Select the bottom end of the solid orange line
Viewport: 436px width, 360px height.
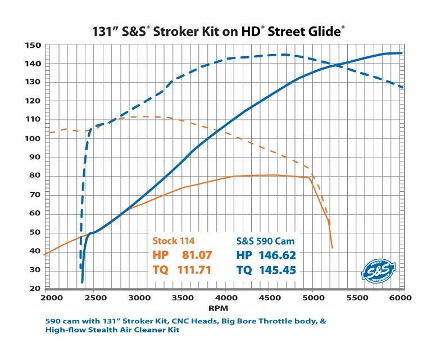coord(332,247)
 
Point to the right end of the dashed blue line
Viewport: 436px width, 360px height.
coord(402,87)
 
